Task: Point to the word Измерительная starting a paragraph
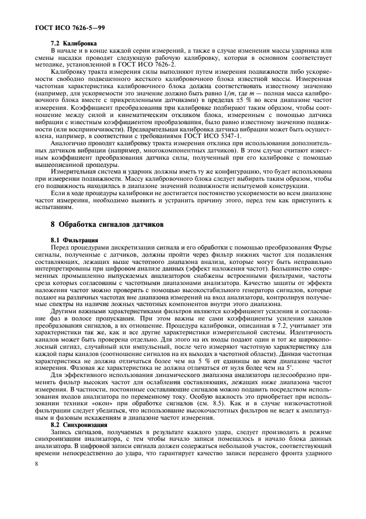pyautogui.click(x=74, y=166)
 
